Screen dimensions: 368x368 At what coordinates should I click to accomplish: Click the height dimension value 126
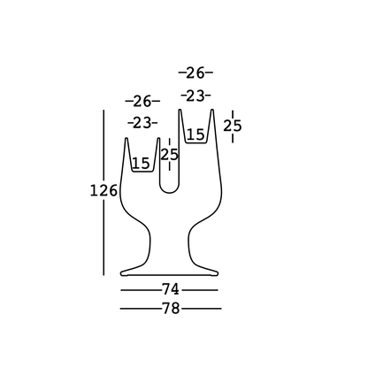click(x=103, y=191)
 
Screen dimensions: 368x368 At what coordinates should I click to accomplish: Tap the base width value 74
click(x=171, y=289)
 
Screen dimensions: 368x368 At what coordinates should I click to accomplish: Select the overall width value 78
click(x=171, y=309)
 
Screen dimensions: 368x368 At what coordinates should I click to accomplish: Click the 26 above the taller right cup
click(x=195, y=73)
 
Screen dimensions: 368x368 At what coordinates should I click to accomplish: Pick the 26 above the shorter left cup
click(x=142, y=102)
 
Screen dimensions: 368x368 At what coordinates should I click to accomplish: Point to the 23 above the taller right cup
click(x=195, y=96)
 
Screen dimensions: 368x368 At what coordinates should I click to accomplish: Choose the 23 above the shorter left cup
click(x=142, y=123)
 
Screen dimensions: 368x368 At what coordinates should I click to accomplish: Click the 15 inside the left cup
click(x=141, y=163)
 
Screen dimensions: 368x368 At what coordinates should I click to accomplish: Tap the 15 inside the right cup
click(x=195, y=134)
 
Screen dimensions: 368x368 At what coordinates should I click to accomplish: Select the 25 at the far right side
click(x=233, y=126)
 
